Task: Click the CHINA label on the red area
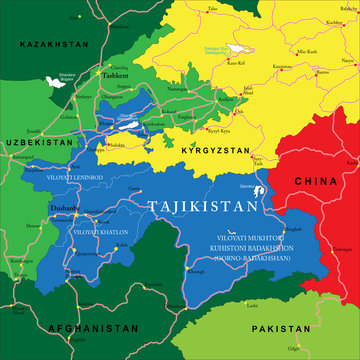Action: coord(315,180)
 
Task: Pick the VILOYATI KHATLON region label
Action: coord(100,231)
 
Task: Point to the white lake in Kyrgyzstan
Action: coord(237,48)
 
